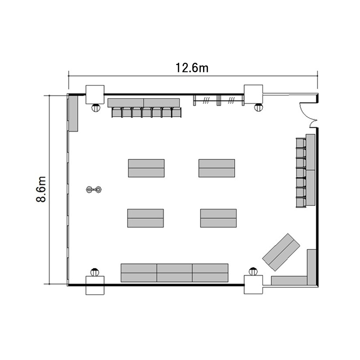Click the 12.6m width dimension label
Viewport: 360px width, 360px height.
tap(192, 68)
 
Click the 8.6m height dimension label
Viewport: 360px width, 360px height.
tap(41, 189)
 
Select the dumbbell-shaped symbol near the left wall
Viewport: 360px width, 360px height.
tap(94, 190)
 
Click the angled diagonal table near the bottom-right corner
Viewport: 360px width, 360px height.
tap(281, 252)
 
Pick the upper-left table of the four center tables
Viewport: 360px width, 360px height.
tap(146, 168)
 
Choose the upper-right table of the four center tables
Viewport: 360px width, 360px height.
tap(217, 168)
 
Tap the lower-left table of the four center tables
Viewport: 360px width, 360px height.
tap(145, 218)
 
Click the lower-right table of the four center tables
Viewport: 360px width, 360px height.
tap(218, 218)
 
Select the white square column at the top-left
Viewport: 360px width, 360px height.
tap(95, 95)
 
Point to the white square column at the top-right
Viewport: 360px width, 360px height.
tap(253, 94)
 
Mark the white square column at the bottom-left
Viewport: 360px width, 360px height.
tap(95, 286)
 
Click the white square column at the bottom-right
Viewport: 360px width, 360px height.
tap(253, 285)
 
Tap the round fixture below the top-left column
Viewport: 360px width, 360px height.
tap(96, 108)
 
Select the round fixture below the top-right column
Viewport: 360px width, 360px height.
tap(259, 107)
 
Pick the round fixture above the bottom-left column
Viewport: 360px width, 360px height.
tap(95, 272)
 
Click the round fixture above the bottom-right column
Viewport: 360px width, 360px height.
tap(253, 271)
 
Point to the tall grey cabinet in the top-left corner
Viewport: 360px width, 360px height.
tap(73, 113)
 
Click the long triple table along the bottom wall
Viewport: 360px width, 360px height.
tap(175, 273)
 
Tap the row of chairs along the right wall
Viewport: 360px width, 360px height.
tap(301, 173)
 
